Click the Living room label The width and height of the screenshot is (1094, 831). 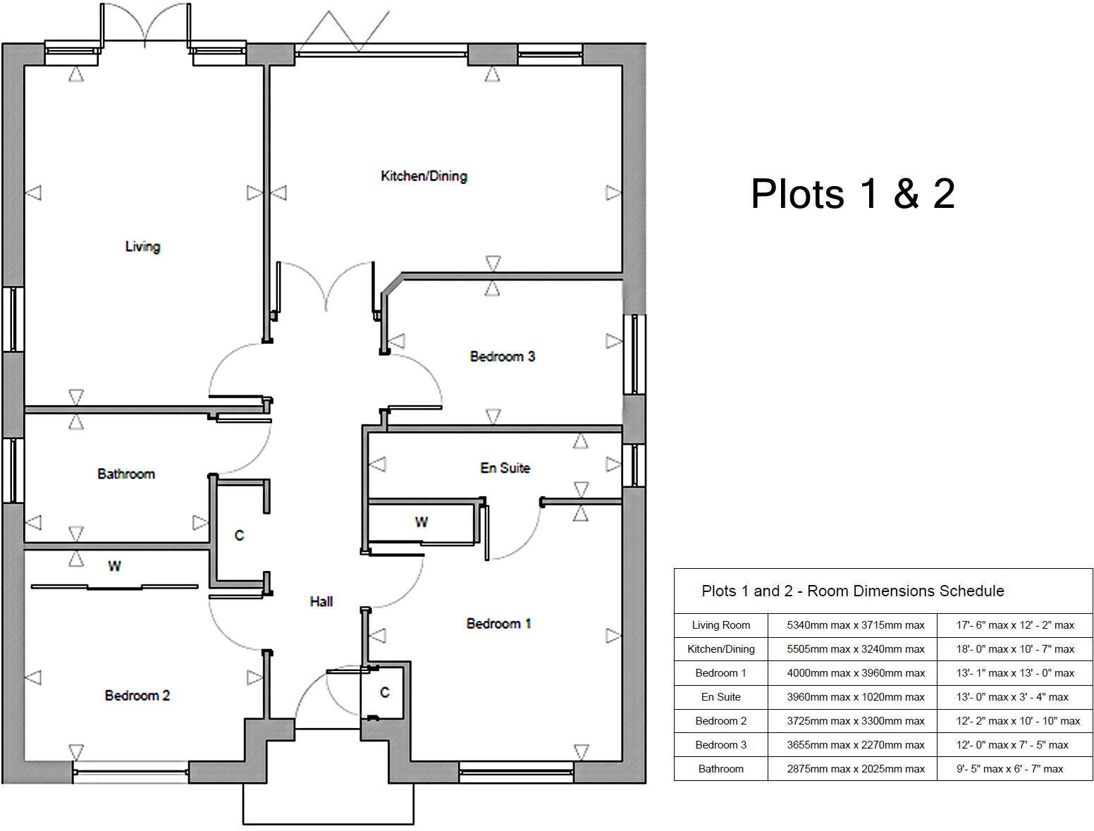tap(142, 247)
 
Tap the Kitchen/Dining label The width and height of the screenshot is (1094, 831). tap(424, 176)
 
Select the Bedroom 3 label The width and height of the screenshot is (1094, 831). tap(502, 357)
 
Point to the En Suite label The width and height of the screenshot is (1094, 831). tap(505, 468)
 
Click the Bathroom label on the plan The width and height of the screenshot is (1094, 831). tap(126, 474)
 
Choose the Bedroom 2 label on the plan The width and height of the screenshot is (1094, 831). tap(137, 696)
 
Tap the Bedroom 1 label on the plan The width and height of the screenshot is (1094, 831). tap(498, 624)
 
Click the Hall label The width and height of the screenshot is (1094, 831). tap(321, 601)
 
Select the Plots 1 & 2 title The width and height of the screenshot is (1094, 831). tap(852, 194)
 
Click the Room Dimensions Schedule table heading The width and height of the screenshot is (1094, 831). tap(852, 591)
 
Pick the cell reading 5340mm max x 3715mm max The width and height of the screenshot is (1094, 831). tap(855, 625)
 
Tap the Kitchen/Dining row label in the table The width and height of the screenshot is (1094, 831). tap(720, 649)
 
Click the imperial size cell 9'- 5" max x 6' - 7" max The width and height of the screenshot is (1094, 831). tap(1009, 769)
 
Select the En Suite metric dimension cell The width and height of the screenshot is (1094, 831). tap(855, 697)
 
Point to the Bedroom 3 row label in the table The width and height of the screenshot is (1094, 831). tap(720, 745)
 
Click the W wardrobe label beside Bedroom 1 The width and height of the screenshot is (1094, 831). tap(421, 522)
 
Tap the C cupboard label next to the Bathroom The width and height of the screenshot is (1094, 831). tap(239, 536)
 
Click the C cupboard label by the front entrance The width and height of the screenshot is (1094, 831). tap(384, 693)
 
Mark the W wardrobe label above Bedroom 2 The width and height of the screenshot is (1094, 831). tap(114, 566)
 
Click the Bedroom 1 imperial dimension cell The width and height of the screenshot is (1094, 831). tap(1014, 673)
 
